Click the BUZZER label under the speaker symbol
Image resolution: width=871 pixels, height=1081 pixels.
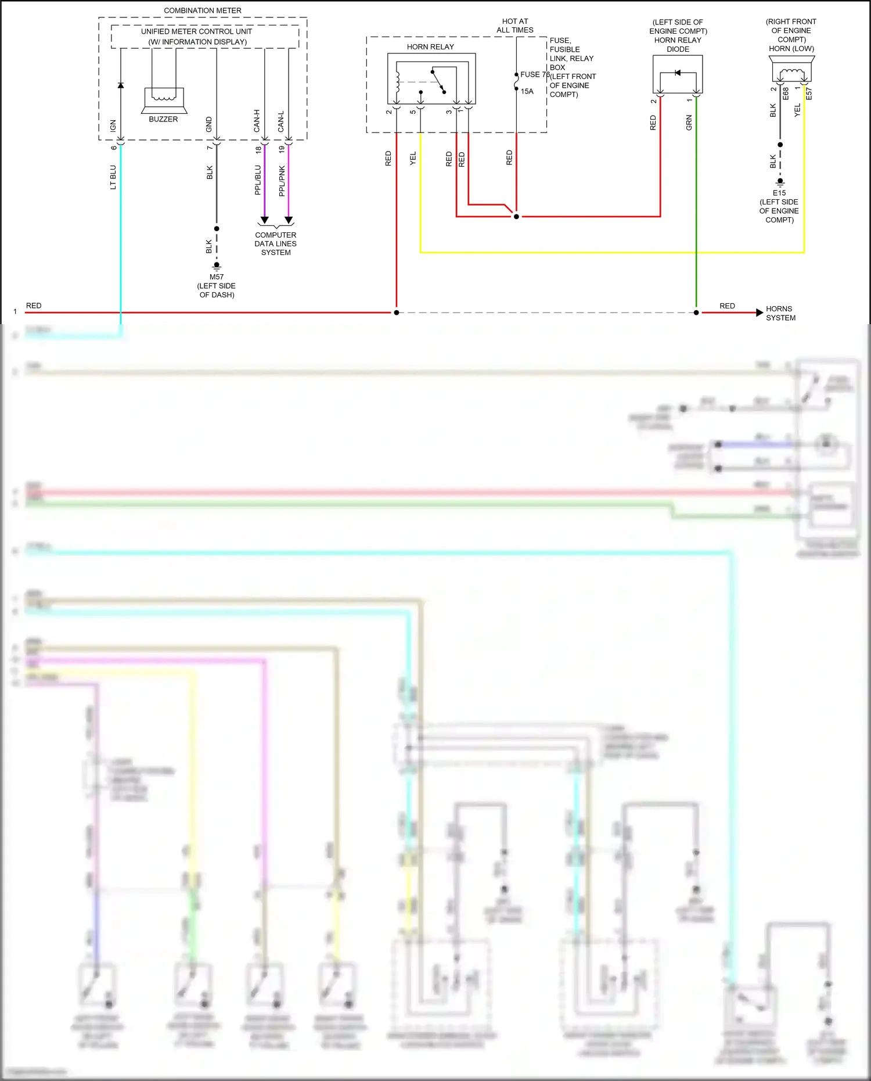(163, 119)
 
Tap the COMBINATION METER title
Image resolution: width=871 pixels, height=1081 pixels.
(203, 10)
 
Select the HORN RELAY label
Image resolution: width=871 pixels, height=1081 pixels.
(430, 46)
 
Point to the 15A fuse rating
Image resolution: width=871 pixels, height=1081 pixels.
(527, 91)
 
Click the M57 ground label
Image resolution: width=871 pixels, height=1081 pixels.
(217, 276)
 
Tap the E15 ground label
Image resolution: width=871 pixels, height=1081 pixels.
(779, 193)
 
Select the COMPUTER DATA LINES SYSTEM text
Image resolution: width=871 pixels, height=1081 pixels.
(276, 244)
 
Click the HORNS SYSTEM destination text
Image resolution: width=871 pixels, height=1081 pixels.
(780, 313)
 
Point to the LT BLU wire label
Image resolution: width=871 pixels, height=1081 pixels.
(113, 177)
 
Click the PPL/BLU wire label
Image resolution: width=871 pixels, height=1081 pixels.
(258, 179)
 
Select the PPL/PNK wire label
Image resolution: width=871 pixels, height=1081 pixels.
(282, 181)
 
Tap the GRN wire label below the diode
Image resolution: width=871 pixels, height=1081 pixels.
(689, 122)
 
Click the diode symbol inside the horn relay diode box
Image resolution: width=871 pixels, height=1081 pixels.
(678, 73)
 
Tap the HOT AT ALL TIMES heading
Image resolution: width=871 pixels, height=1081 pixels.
(515, 26)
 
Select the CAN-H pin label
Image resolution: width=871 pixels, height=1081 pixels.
(257, 121)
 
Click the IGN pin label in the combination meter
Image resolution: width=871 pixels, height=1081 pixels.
(113, 125)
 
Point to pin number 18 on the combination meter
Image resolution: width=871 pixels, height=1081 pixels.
(258, 149)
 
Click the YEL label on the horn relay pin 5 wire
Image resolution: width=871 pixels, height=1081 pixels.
(413, 158)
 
